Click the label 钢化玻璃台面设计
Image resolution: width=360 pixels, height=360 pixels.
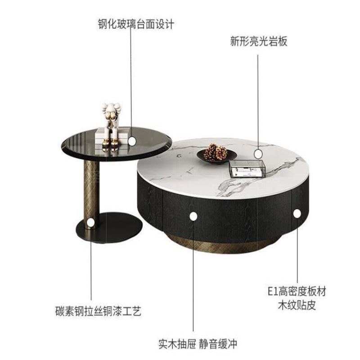point(136,24)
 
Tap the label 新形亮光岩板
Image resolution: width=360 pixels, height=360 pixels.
point(259,41)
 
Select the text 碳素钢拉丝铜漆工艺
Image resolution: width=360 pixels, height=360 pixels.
point(98,311)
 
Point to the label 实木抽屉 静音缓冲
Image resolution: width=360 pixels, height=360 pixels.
point(198,344)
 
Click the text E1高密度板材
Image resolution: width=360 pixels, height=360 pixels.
point(297,292)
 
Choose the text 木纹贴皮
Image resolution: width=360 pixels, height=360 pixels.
point(297,306)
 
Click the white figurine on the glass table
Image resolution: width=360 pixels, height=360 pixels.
point(111,124)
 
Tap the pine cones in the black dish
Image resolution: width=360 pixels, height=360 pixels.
point(215,152)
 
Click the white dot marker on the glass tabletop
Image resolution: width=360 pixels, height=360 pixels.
point(132,141)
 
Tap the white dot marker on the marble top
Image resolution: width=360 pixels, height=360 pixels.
point(258,153)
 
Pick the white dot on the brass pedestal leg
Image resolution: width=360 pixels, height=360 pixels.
point(91,223)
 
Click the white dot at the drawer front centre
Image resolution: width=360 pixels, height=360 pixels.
point(193,216)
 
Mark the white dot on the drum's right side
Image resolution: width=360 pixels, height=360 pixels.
point(297,213)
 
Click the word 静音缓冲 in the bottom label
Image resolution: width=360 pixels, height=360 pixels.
point(218,344)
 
